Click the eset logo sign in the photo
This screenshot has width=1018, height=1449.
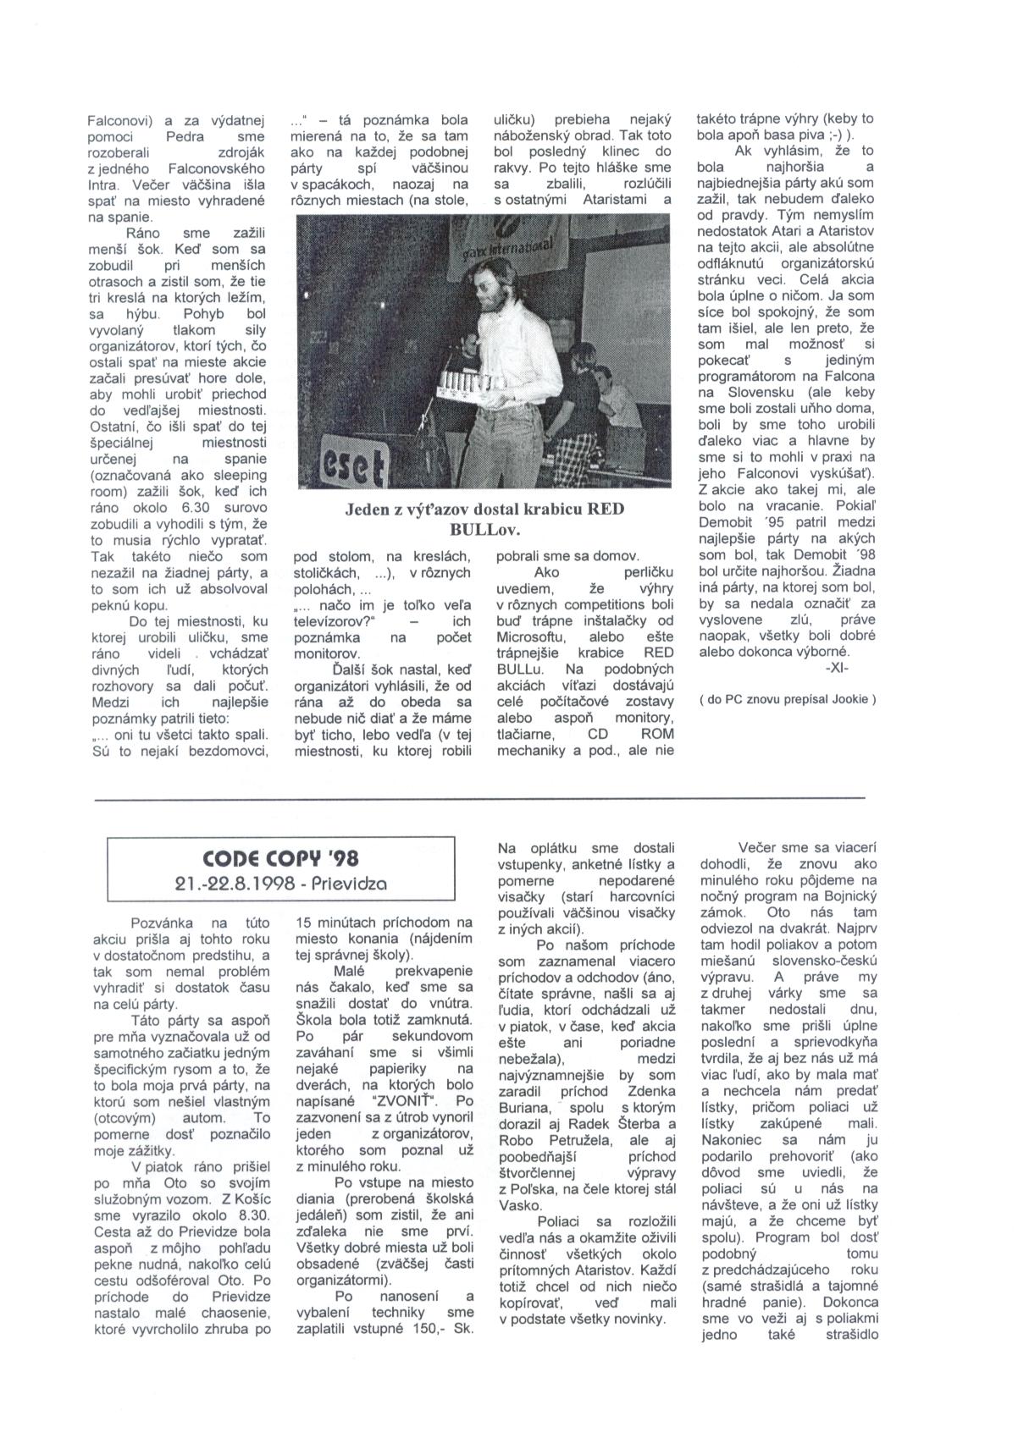(354, 460)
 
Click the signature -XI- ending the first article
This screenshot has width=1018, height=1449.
(835, 669)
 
